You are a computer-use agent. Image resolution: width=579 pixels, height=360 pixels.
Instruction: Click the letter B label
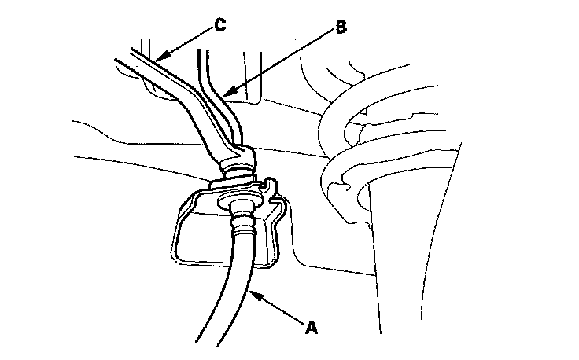tap(341, 28)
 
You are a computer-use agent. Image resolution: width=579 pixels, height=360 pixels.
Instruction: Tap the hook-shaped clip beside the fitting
tap(270, 188)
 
